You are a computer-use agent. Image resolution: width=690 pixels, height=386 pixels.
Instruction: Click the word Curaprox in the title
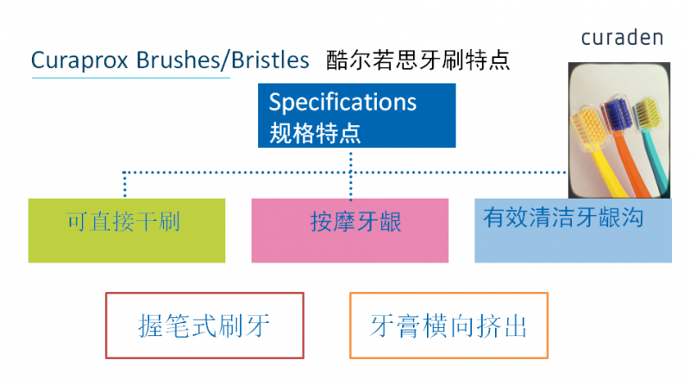[74, 60]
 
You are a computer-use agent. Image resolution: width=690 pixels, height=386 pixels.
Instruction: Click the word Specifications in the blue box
[342, 102]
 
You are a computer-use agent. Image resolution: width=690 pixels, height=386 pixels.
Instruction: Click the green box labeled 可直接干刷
[126, 230]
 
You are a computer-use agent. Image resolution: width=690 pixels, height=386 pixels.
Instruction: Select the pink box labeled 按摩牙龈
[350, 230]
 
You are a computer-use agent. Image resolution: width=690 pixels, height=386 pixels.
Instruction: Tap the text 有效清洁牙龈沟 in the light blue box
[564, 218]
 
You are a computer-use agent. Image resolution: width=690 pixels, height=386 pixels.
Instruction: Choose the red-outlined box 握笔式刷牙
[204, 326]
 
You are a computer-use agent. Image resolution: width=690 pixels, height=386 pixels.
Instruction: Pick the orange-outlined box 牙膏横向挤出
[448, 326]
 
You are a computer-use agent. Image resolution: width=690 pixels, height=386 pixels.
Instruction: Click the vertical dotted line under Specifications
[350, 177]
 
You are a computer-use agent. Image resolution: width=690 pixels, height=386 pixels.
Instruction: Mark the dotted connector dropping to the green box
[126, 185]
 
